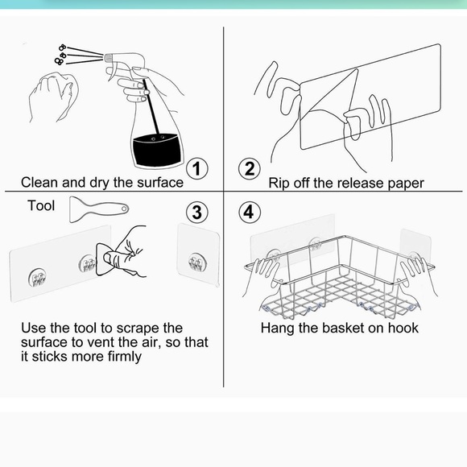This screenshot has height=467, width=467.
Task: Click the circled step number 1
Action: click(x=197, y=168)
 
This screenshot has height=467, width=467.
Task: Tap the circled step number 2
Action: click(x=250, y=168)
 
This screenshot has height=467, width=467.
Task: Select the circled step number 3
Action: click(x=197, y=213)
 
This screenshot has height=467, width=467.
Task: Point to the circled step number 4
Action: click(x=250, y=212)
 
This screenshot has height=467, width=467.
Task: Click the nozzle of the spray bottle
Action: click(x=108, y=56)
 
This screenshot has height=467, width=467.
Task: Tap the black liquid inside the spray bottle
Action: click(x=157, y=150)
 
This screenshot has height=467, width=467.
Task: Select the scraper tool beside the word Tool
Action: click(x=99, y=209)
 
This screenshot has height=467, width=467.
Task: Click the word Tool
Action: click(x=41, y=205)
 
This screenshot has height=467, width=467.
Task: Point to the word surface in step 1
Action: click(x=160, y=183)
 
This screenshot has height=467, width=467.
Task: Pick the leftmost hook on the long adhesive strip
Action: click(x=37, y=278)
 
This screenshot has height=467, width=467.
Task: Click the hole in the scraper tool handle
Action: click(x=124, y=209)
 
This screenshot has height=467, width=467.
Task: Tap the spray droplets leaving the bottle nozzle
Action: click(x=60, y=54)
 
